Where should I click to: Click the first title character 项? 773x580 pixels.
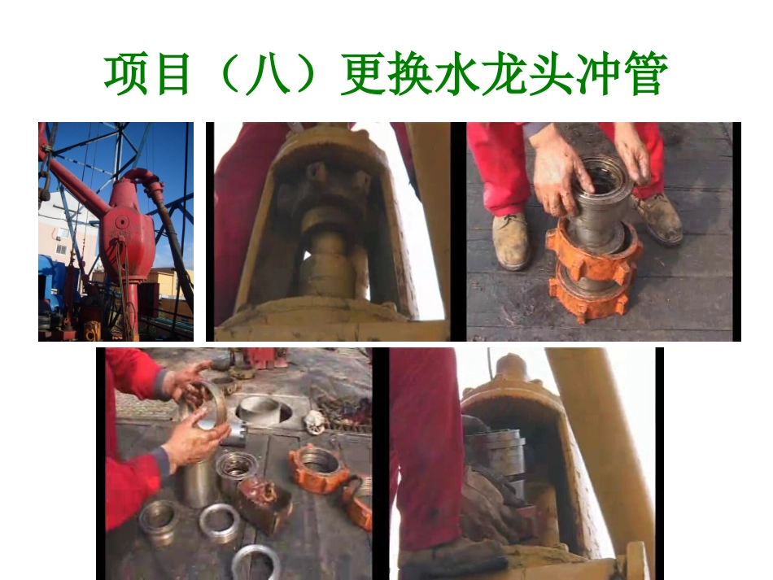click(129, 76)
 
